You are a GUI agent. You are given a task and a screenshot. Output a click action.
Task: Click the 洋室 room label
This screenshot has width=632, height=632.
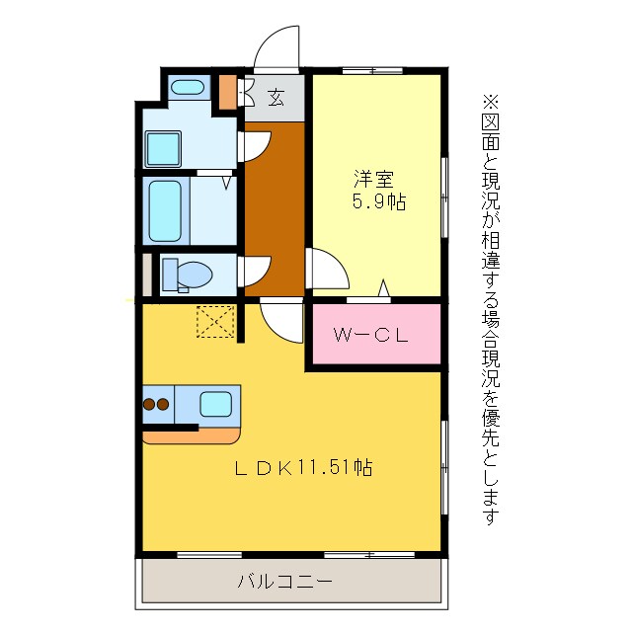coord(374,180)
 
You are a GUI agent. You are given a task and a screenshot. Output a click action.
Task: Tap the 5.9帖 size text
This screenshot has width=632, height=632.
coord(379,202)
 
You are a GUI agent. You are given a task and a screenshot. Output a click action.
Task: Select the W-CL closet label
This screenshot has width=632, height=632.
coord(370,336)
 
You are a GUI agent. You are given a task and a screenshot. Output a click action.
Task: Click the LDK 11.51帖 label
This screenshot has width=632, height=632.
coord(301,468)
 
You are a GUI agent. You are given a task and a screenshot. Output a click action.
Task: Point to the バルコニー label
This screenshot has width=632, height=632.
coord(283,581)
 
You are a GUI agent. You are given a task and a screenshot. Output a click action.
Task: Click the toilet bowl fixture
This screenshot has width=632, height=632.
coord(186,274)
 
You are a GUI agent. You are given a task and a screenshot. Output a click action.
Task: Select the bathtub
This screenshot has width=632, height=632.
coord(164,210)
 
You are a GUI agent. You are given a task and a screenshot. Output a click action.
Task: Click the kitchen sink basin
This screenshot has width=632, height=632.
coord(216,403)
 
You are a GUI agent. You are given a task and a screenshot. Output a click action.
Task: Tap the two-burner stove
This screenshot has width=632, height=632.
coord(157,404)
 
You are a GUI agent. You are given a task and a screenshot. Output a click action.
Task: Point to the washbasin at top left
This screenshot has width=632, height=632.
coord(187,88)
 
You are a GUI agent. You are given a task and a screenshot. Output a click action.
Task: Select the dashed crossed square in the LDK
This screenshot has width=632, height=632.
coord(214,321)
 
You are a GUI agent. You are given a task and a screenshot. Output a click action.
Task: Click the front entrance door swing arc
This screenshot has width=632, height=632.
coord(277,48)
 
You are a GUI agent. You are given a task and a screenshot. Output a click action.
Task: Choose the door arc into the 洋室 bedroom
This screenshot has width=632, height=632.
coord(325,268)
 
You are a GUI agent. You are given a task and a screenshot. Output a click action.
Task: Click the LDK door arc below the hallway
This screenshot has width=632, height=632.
coord(282,320)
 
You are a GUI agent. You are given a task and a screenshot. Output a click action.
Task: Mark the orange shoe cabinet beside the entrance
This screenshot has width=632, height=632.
coord(227,92)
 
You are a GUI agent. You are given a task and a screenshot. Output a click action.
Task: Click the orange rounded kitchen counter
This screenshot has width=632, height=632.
coord(193,434)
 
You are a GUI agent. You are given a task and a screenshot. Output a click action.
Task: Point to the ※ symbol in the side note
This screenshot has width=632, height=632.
coord(492,101)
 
